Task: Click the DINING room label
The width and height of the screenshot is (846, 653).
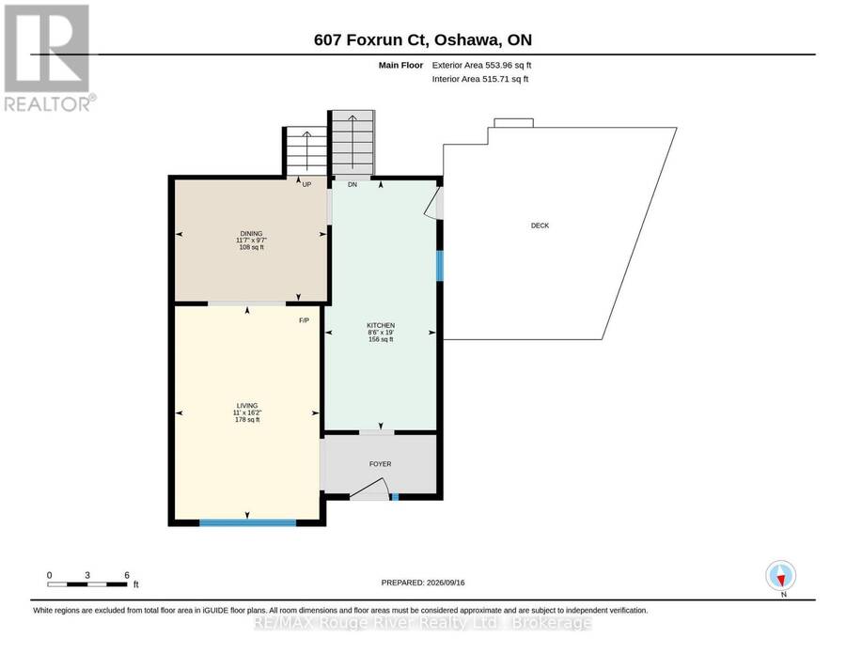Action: (x=251, y=234)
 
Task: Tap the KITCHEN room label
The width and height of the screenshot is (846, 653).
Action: (x=381, y=325)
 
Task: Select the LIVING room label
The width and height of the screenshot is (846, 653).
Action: (x=247, y=406)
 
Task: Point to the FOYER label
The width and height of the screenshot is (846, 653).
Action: (x=381, y=464)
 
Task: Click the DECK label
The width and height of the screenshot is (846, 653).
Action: (x=540, y=225)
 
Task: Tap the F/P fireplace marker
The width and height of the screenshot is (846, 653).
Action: (x=305, y=320)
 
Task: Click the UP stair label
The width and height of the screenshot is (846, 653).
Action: (x=307, y=184)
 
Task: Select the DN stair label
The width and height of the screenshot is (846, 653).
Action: (x=352, y=184)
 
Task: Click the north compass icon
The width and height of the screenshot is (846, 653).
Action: (x=781, y=576)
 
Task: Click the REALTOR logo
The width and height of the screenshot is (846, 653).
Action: (x=49, y=57)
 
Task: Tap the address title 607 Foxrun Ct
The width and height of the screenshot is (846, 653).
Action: (x=370, y=39)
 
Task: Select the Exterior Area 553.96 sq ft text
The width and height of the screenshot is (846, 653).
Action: (x=482, y=65)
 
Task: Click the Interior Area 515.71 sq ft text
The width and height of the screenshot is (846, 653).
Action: (x=480, y=79)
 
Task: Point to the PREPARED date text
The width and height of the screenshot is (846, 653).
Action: (x=423, y=583)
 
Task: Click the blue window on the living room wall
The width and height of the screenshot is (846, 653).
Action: (x=247, y=522)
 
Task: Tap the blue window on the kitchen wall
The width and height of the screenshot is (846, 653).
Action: (x=440, y=266)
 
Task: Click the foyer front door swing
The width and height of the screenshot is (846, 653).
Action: (x=369, y=489)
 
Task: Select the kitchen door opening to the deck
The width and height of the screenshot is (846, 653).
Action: (x=434, y=203)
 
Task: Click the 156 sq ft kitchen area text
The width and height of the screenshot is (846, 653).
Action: (x=381, y=340)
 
